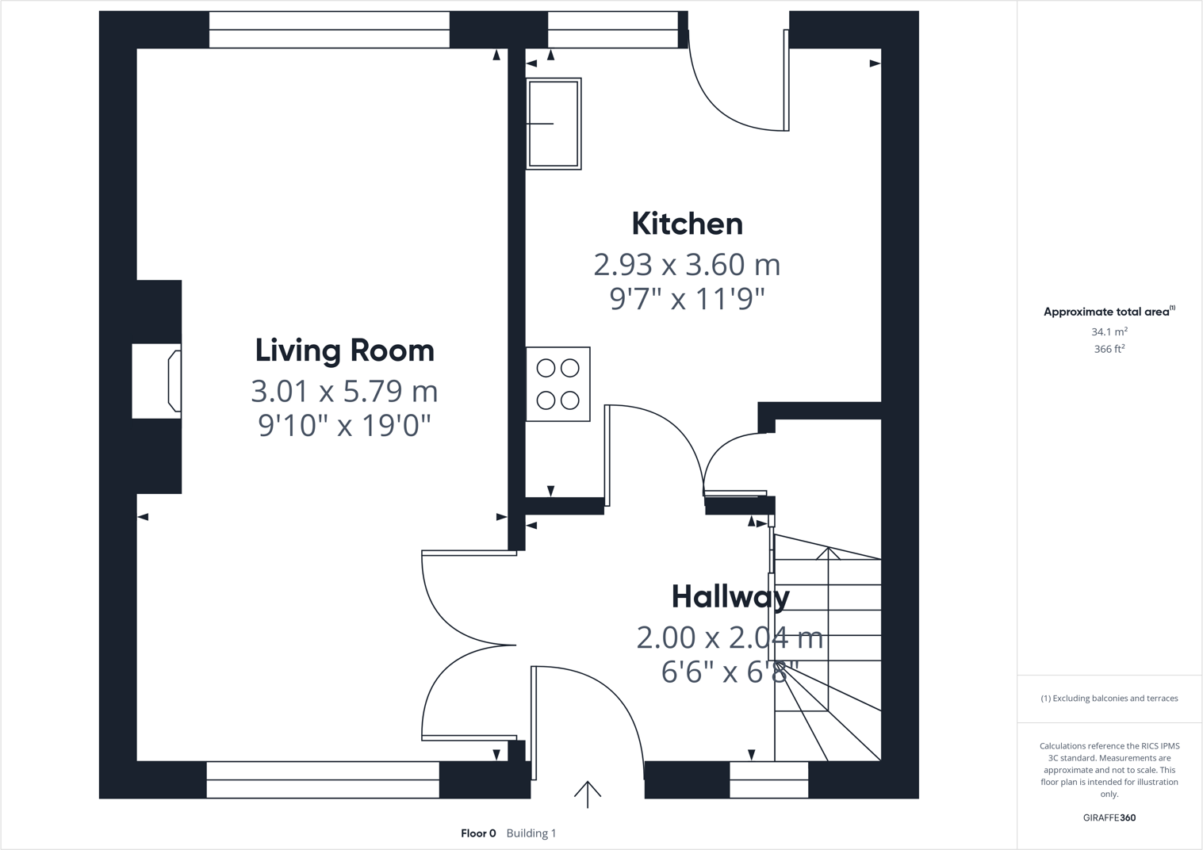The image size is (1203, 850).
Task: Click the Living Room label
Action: coord(344,350)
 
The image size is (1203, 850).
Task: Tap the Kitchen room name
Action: coord(687,224)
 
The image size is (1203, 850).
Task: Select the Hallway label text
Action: coord(730,597)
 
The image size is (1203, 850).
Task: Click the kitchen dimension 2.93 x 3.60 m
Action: coord(687,265)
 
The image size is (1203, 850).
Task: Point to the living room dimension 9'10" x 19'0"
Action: coord(344,426)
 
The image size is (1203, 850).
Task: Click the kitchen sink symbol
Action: coord(554,124)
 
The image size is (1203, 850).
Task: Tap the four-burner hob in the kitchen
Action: coord(557,384)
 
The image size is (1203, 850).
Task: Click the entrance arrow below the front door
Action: coord(588,794)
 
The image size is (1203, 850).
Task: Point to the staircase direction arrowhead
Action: coord(828,553)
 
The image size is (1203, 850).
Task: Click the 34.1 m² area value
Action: coord(1109,331)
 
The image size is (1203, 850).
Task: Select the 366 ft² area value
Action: coord(1109,349)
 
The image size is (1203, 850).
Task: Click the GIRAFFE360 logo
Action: coord(1109,817)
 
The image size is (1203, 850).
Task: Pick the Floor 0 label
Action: coord(478,833)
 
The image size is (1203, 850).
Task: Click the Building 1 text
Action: coord(531,833)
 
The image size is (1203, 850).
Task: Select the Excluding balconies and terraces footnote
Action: coord(1109,699)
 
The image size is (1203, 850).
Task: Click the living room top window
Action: coord(329,29)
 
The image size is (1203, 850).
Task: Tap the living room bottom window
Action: coord(323,779)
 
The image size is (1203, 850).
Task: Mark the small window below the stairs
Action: coord(768,779)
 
